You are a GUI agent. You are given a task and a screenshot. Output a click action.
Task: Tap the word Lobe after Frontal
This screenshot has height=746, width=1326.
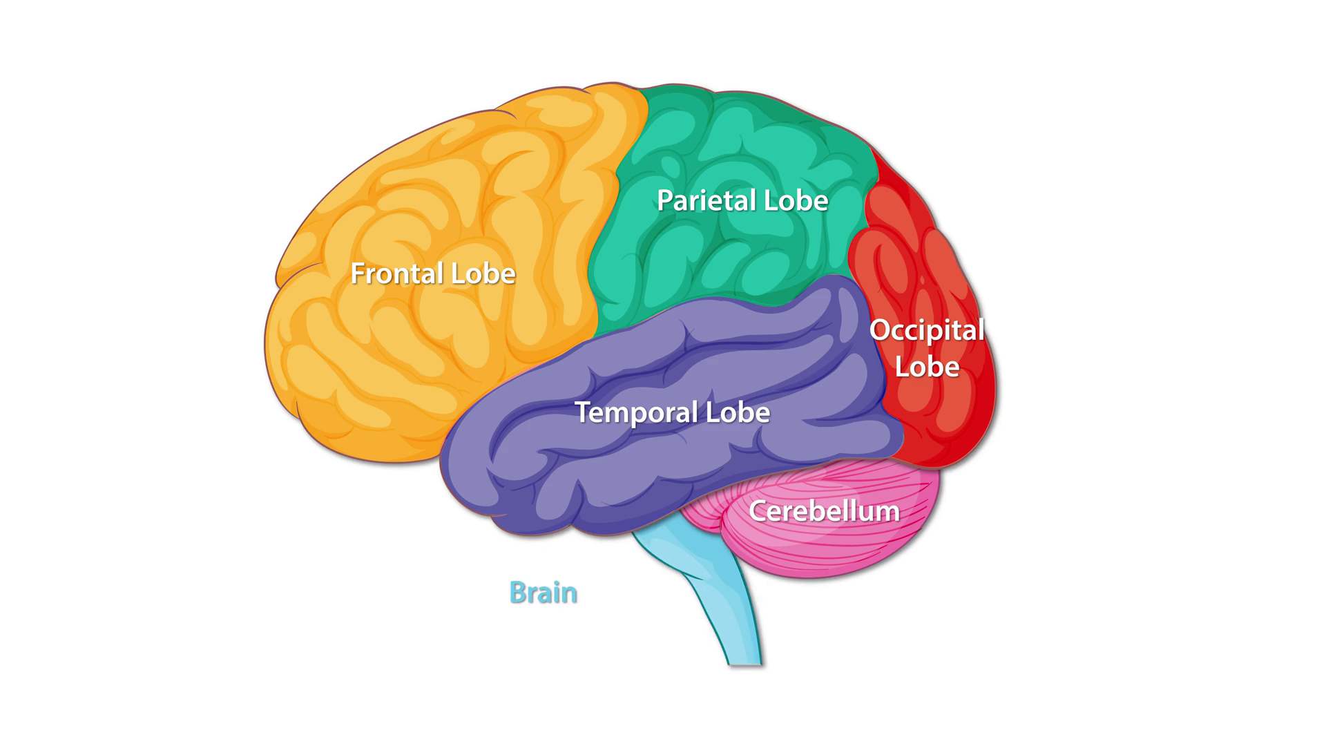[x=483, y=274]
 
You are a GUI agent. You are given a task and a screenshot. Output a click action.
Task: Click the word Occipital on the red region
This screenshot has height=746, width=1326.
[x=927, y=330]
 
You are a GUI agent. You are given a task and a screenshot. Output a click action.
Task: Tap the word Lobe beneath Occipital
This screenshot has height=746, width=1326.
[x=927, y=367]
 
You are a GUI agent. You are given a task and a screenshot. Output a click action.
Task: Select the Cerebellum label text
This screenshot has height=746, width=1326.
[x=824, y=511]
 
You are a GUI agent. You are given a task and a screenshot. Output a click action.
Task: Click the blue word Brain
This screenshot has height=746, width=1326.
[x=543, y=593]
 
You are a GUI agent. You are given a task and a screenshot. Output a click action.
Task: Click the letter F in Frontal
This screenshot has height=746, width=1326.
[x=357, y=274]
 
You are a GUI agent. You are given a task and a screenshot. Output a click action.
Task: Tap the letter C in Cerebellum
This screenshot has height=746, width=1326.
[x=758, y=511]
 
